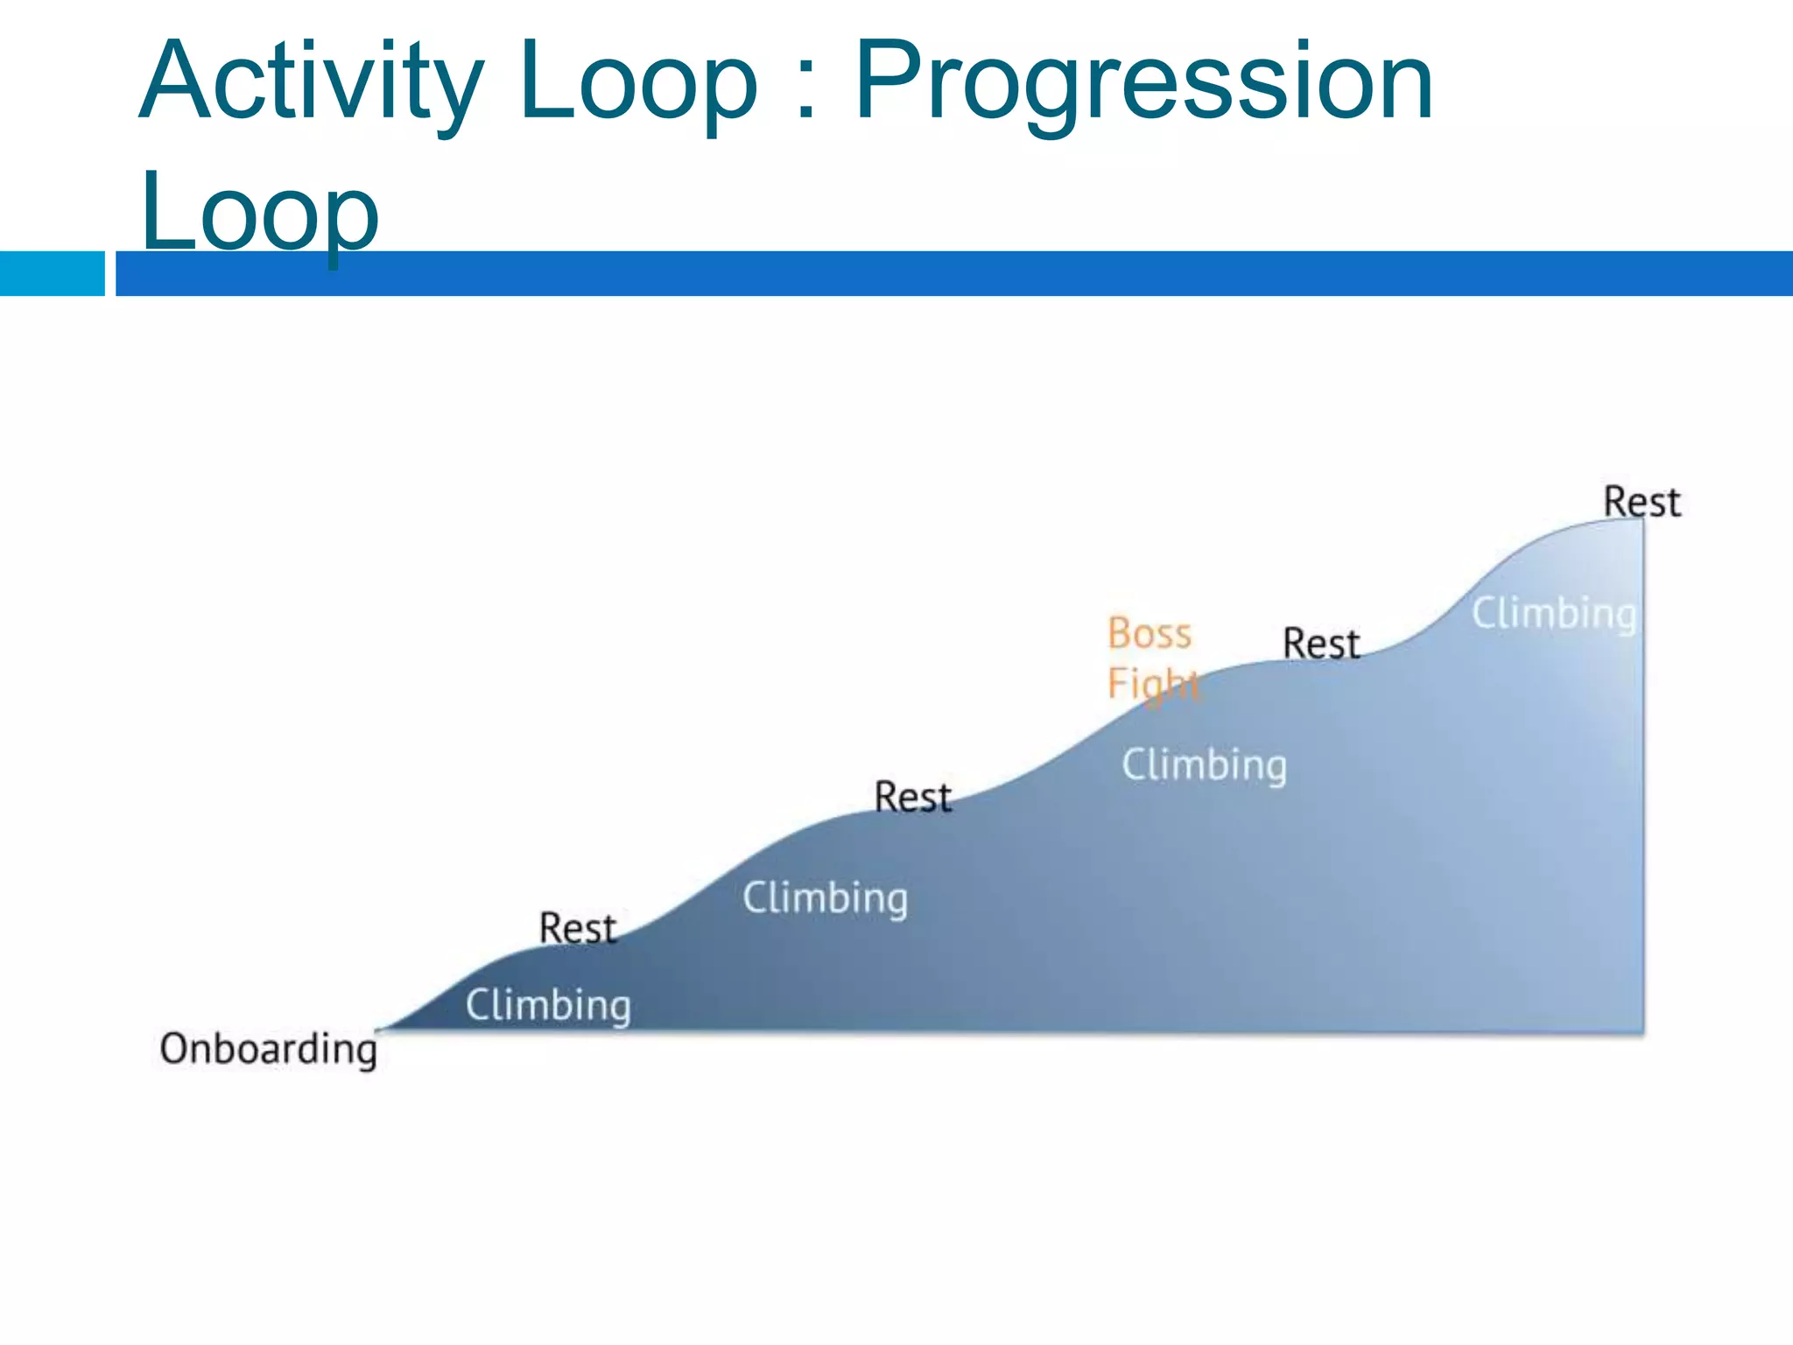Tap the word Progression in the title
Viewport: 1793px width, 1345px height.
click(x=1143, y=83)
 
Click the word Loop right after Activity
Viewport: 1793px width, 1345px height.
click(x=636, y=83)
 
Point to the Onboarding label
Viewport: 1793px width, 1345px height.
click(x=268, y=1049)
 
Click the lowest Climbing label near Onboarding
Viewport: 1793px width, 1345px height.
click(x=548, y=1004)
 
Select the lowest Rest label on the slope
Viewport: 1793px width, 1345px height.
click(x=578, y=928)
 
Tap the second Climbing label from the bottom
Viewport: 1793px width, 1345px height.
click(x=825, y=898)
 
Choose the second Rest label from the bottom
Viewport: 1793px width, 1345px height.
click(x=912, y=797)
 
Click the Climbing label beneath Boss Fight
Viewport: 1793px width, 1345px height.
click(x=1204, y=764)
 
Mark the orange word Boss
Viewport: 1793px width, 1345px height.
click(x=1149, y=633)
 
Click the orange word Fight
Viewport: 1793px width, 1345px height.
click(x=1152, y=683)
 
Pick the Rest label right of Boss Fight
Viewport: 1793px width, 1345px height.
click(x=1320, y=644)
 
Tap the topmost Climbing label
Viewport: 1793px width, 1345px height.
click(x=1553, y=613)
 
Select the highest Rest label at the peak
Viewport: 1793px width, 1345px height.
click(x=1641, y=502)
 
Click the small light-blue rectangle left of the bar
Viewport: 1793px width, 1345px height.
click(x=52, y=273)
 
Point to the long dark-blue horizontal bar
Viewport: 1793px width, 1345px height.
click(x=954, y=273)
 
